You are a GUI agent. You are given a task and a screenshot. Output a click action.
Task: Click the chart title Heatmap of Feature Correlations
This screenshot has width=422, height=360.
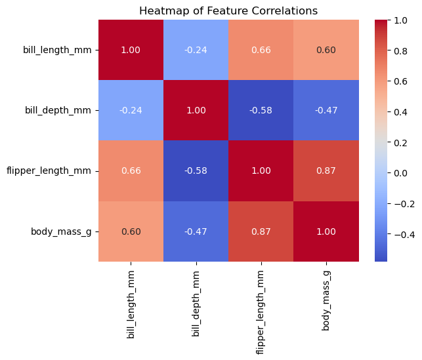click(228, 10)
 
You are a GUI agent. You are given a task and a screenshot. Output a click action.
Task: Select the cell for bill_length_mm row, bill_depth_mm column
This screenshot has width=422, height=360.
click(196, 50)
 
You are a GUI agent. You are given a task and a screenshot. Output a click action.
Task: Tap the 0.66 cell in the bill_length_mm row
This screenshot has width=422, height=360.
click(261, 50)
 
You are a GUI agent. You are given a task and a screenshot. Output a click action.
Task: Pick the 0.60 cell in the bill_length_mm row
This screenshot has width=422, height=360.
click(326, 50)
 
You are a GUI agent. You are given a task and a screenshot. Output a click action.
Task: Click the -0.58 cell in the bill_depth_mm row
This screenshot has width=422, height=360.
click(261, 110)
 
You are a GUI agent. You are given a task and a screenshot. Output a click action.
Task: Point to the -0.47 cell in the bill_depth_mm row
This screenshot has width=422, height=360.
click(326, 110)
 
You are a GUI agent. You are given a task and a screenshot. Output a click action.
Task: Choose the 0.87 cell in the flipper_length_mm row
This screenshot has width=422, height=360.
click(326, 170)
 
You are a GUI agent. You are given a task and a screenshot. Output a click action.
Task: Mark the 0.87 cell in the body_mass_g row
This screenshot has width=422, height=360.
click(261, 231)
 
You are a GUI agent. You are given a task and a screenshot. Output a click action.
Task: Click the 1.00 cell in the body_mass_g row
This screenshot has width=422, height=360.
click(326, 231)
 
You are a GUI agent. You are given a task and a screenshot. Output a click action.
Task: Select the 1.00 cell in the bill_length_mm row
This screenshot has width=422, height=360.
click(131, 50)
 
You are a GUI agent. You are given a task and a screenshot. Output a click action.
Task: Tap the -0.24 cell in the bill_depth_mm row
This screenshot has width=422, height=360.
click(131, 110)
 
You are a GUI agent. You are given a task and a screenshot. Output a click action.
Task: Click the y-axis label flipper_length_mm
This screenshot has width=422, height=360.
click(54, 170)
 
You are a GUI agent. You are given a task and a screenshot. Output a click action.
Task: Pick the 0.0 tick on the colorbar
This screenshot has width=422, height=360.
click(403, 173)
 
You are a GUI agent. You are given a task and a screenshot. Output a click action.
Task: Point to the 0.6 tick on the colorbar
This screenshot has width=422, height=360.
click(403, 81)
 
